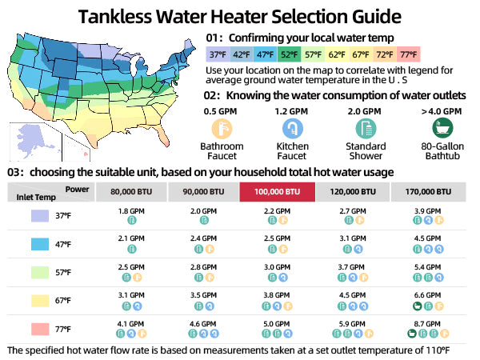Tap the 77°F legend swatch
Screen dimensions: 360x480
pyautogui.click(x=410, y=54)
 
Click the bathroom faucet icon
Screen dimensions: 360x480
pyautogui.click(x=222, y=128)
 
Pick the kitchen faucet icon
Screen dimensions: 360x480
pyautogui.click(x=293, y=128)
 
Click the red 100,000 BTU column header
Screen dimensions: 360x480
pyautogui.click(x=278, y=192)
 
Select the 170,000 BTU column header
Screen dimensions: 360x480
pyautogui.click(x=430, y=192)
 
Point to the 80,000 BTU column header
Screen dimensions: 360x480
pyautogui.click(x=130, y=192)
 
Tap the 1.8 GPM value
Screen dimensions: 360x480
pyautogui.click(x=130, y=211)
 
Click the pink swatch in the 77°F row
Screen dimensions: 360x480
pyautogui.click(x=40, y=328)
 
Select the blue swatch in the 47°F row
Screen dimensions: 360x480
pyautogui.click(x=40, y=244)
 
